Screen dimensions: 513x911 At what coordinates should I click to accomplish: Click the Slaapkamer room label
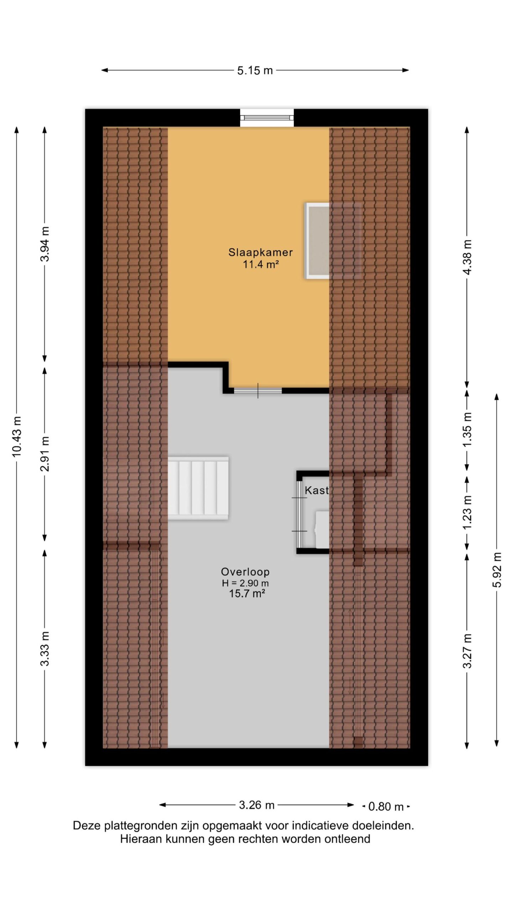260,252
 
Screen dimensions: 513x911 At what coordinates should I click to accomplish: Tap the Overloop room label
245,572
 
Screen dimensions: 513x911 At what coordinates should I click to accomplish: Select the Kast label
316,490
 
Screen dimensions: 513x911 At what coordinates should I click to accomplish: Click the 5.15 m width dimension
255,70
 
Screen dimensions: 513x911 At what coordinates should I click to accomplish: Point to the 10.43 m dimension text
17,436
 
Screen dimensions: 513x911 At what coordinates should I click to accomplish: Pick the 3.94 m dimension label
45,244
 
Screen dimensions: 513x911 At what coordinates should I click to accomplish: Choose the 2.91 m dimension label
45,453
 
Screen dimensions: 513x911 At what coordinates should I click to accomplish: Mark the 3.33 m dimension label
45,648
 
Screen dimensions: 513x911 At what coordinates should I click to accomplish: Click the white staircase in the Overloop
198,488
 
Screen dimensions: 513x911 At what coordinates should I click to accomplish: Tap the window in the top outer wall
267,118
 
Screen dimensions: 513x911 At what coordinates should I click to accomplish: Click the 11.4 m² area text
260,264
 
